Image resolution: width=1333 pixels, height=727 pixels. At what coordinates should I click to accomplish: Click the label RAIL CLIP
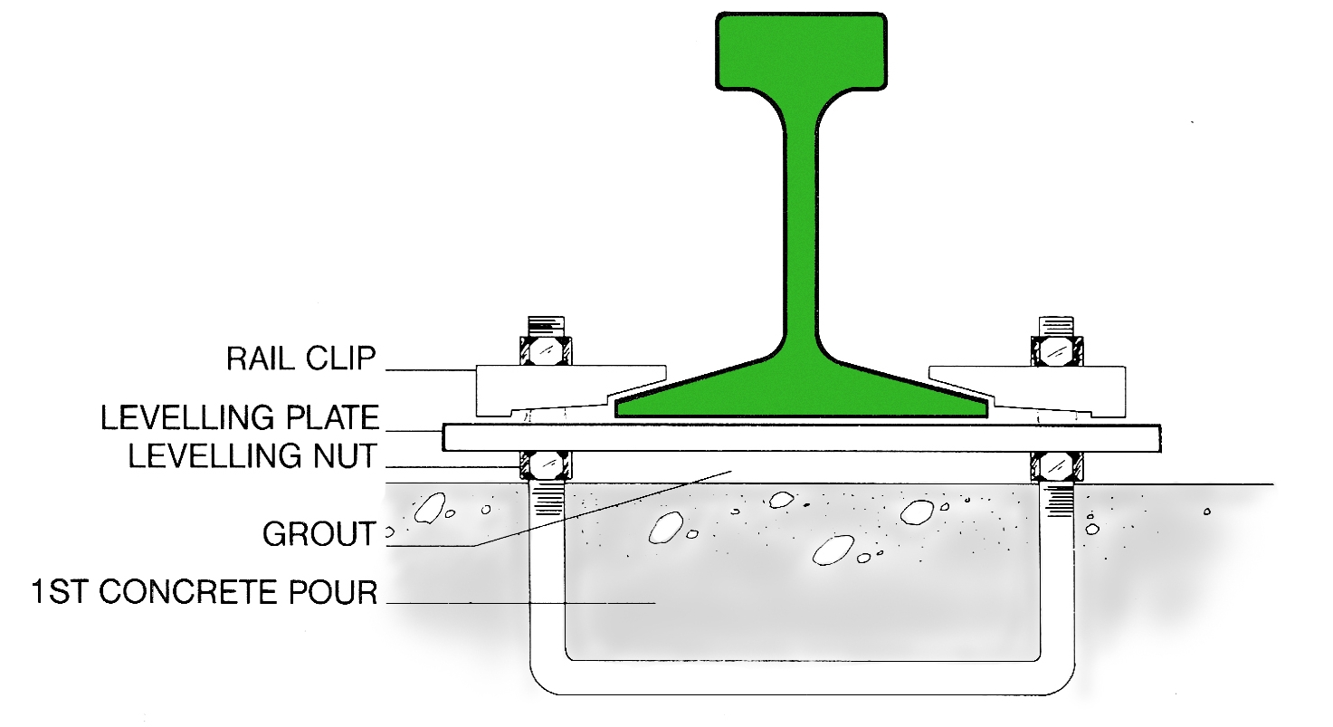(x=300, y=359)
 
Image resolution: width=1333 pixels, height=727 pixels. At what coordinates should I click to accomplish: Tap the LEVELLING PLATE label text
(x=239, y=417)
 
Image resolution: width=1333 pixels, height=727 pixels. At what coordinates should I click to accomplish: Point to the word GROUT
(x=319, y=534)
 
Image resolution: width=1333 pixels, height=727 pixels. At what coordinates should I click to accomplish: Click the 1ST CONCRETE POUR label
(x=203, y=593)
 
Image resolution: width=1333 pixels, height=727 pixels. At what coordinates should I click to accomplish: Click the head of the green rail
(x=801, y=50)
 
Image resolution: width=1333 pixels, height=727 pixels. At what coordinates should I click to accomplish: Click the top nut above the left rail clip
(x=545, y=349)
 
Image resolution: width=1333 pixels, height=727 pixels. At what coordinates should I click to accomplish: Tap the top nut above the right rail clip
(x=1056, y=349)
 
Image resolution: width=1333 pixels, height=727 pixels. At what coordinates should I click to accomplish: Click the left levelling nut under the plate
(x=545, y=465)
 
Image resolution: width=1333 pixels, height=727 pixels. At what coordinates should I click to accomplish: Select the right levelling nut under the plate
(x=1056, y=465)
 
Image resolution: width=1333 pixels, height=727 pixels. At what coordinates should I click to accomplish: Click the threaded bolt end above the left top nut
(x=545, y=325)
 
